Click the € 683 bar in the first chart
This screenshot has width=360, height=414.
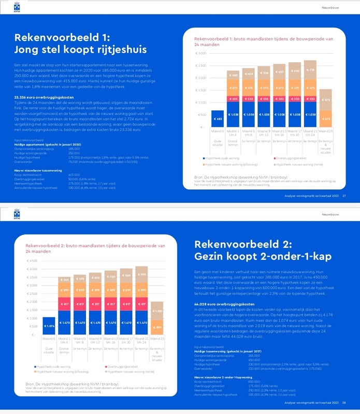(218, 119)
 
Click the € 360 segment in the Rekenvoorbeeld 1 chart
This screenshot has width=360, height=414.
(233, 76)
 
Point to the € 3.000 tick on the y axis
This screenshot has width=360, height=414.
(200, 53)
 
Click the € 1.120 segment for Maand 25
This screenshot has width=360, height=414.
(157, 311)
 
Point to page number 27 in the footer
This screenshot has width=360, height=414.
(344, 196)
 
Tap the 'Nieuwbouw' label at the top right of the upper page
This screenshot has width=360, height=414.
(329, 8)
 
